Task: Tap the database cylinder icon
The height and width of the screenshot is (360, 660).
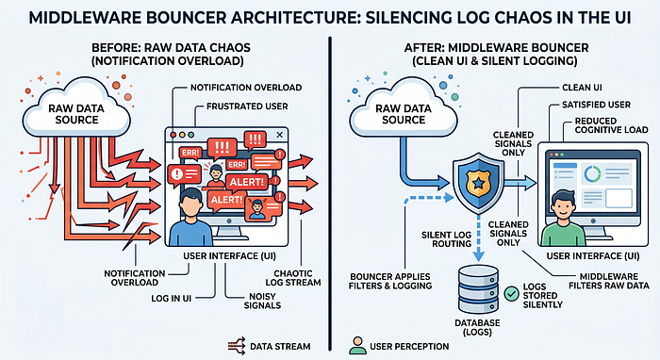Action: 478,288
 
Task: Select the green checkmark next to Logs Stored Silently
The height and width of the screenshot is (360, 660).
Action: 512,293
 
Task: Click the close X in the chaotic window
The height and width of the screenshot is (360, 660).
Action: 279,135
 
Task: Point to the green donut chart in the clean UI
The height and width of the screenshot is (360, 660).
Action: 592,173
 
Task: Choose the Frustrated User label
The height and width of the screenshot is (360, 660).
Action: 247,106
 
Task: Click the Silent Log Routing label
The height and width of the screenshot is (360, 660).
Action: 446,239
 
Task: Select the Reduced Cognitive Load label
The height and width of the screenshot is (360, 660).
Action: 611,125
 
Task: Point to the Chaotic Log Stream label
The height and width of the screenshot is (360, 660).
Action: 293,278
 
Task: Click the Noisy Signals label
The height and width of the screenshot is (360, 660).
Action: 262,301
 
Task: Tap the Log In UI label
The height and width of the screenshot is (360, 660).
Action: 171,298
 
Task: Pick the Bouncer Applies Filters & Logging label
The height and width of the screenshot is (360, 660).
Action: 390,281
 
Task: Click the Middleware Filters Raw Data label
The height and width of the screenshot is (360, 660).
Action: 609,281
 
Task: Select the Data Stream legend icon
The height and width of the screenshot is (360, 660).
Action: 237,346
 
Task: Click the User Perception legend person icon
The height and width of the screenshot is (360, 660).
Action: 357,345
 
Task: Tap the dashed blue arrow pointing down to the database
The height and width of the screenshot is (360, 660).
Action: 479,238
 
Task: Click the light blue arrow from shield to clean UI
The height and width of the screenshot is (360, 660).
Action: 520,183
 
